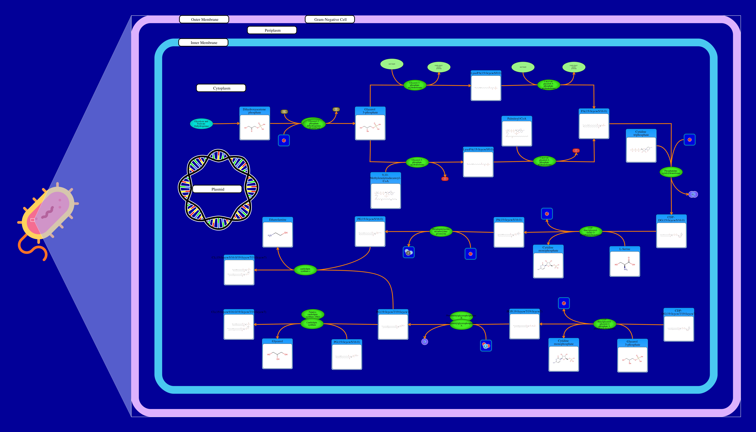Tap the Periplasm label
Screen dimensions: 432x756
pyautogui.click(x=272, y=30)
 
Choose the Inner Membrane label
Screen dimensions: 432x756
pyautogui.click(x=204, y=43)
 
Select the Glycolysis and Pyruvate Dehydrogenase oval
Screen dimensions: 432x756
pyautogui.click(x=201, y=124)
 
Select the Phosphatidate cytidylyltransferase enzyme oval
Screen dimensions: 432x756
pyautogui.click(x=671, y=172)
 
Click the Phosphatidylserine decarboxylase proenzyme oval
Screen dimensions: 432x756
pyautogui.click(x=441, y=231)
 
